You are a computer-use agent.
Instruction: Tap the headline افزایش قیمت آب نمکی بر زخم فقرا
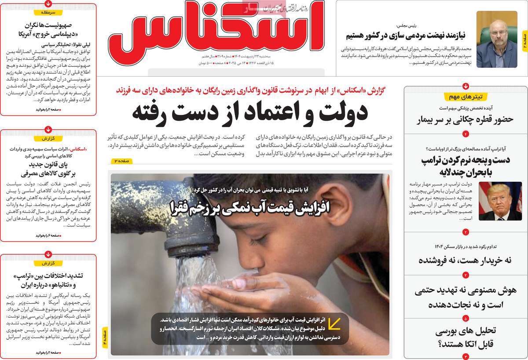(x=250, y=206)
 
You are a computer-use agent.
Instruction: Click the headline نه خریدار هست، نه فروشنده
(x=464, y=260)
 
